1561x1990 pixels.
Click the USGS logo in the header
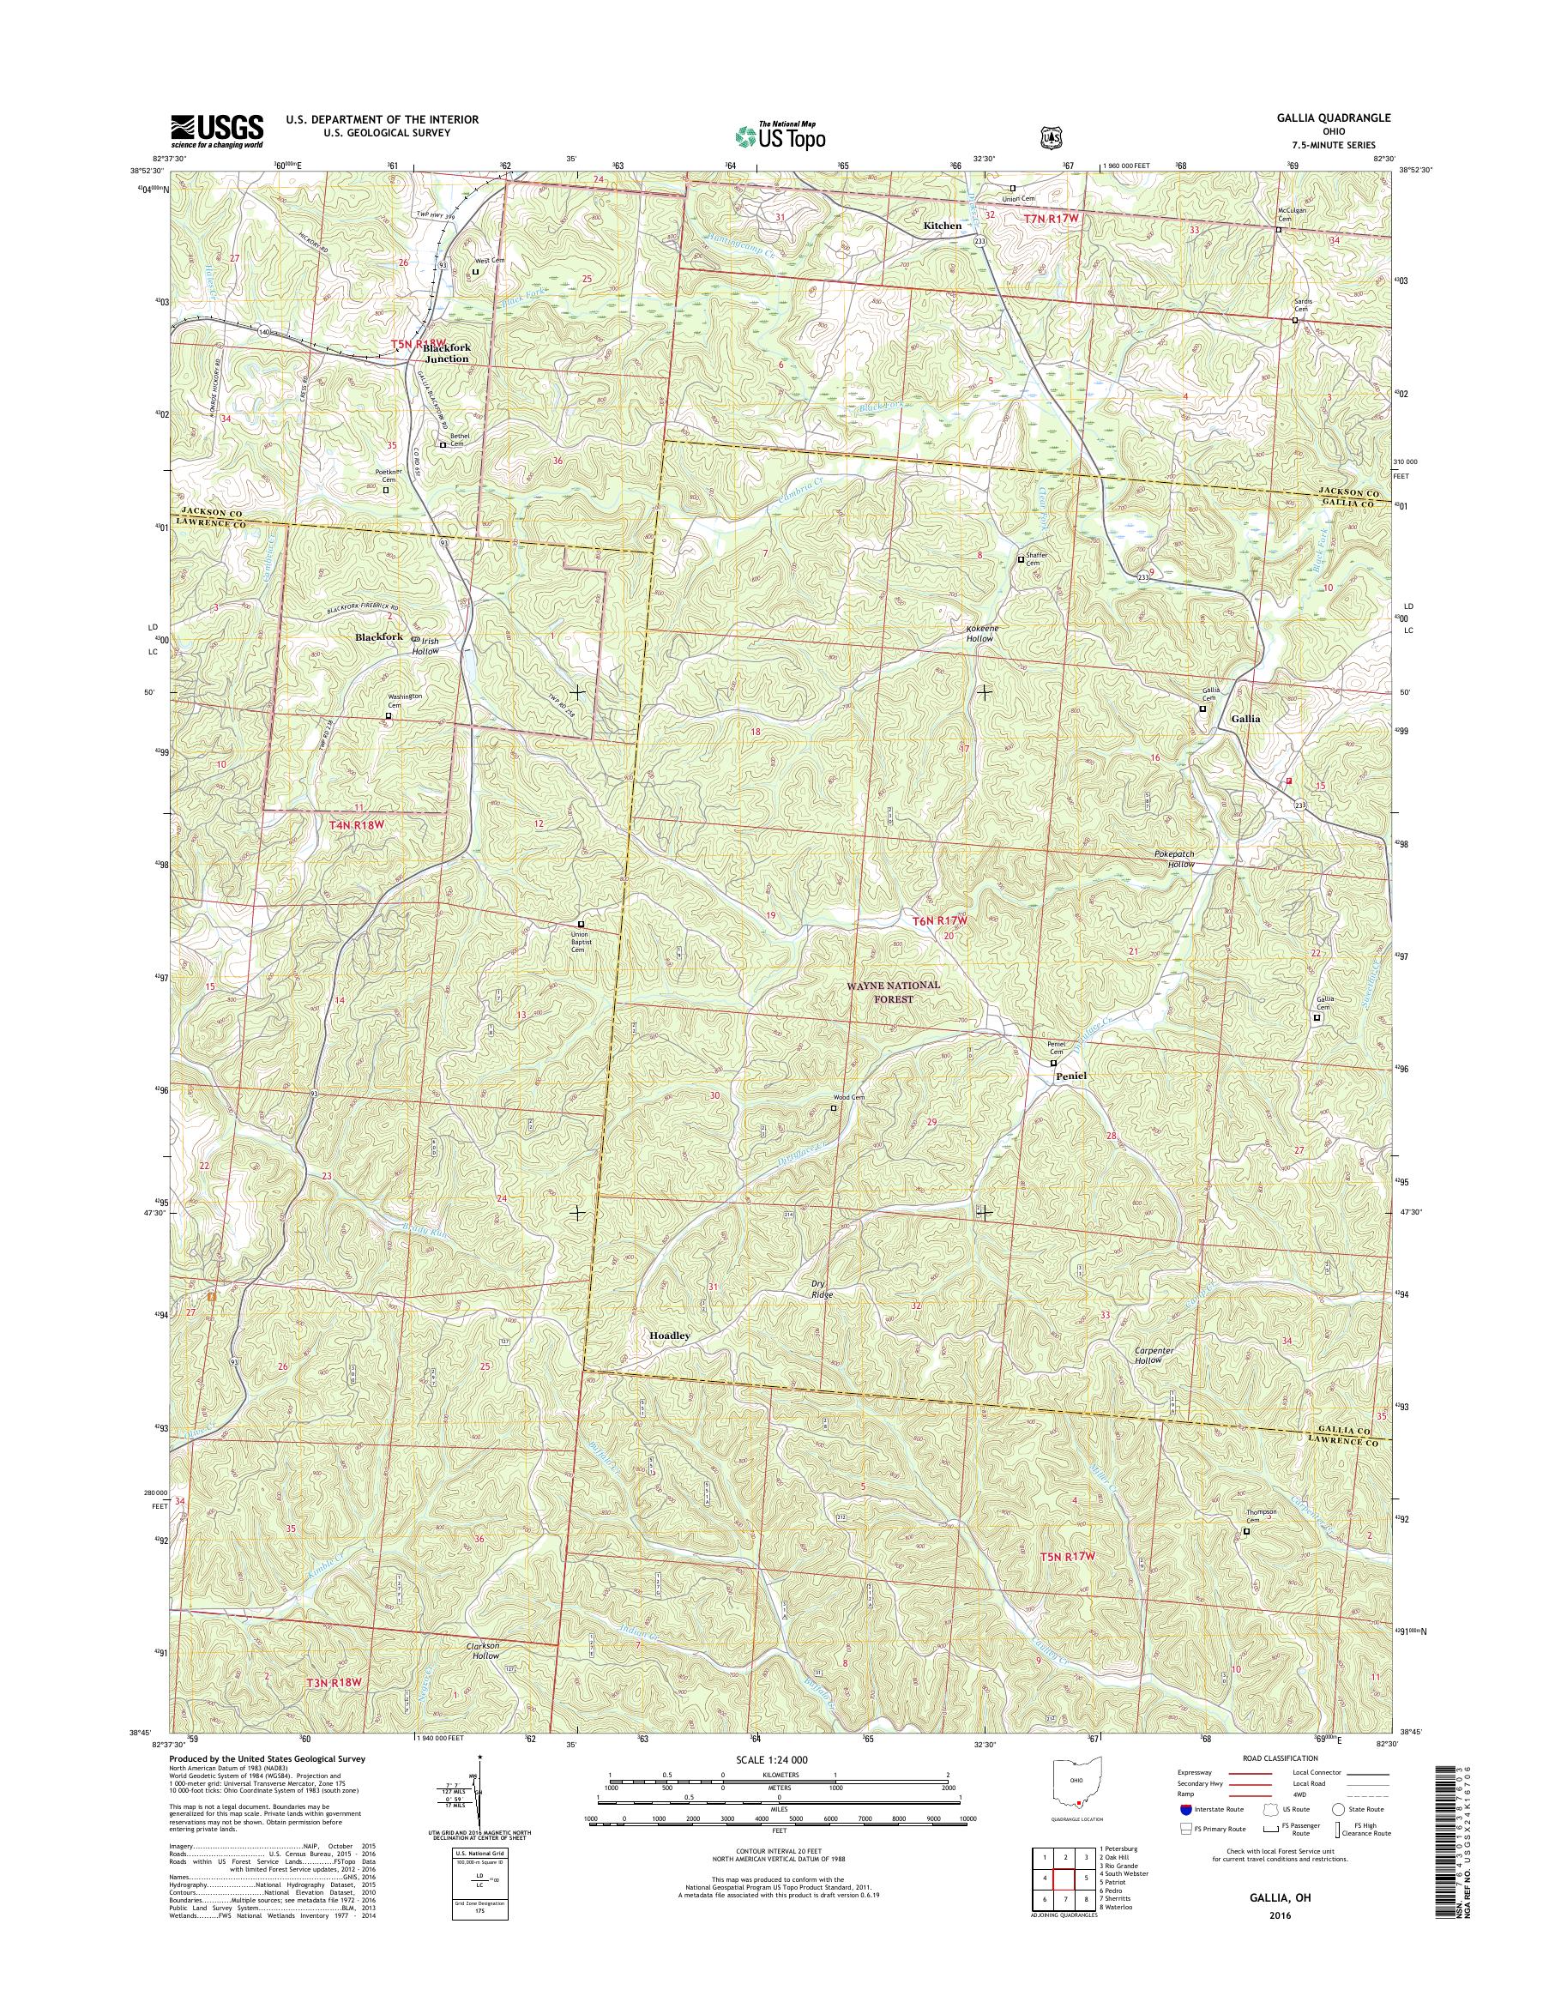click(x=217, y=131)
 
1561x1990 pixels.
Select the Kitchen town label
click(x=942, y=226)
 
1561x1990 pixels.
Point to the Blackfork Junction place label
click(x=445, y=353)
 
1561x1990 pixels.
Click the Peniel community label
click(x=1071, y=1076)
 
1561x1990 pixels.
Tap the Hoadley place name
click(x=670, y=1336)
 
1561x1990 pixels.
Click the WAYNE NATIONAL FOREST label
click(x=879, y=992)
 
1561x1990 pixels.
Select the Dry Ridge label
click(x=823, y=1289)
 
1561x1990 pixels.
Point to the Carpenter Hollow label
click(x=1154, y=1354)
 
